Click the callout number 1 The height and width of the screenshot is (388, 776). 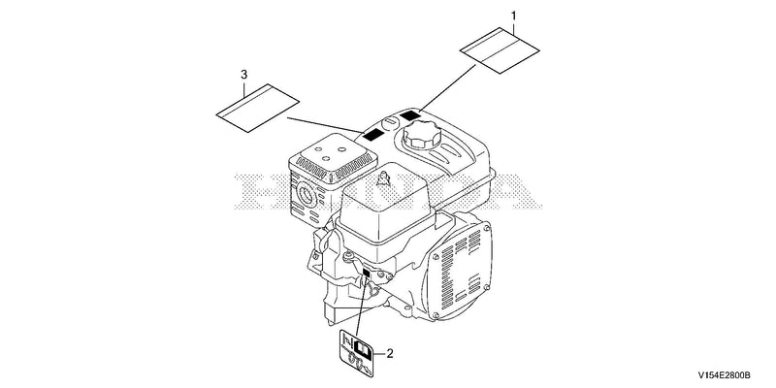(514, 16)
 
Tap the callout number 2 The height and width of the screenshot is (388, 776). (390, 353)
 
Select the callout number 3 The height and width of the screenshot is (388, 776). (243, 75)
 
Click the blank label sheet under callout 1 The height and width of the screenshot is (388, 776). (500, 50)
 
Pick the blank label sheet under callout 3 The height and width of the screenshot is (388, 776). (258, 108)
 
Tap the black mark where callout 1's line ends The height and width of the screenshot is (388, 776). (410, 116)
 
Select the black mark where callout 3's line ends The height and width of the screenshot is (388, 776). (373, 134)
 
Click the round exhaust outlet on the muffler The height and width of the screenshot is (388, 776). (306, 196)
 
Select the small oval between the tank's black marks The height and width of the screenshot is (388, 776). (391, 121)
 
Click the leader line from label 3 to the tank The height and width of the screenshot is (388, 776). (325, 125)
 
